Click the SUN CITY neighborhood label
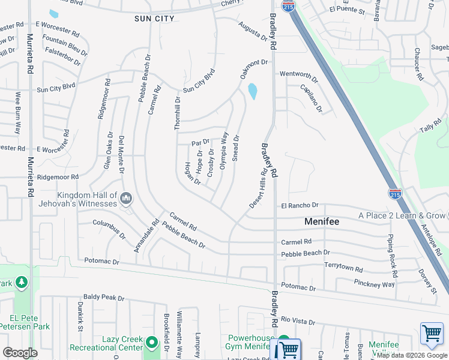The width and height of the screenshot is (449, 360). point(155,19)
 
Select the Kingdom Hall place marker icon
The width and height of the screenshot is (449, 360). point(126,198)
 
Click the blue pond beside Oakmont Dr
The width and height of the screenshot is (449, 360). point(252,91)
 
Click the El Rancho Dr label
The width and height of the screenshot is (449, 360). point(300,205)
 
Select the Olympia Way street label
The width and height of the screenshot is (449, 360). point(223,151)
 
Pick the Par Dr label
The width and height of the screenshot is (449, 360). point(200,143)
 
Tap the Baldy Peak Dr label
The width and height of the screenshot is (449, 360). point(104,297)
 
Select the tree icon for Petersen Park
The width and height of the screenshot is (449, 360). point(22,281)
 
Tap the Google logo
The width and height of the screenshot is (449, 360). point(20,352)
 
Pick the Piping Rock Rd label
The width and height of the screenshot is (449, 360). point(393,251)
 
